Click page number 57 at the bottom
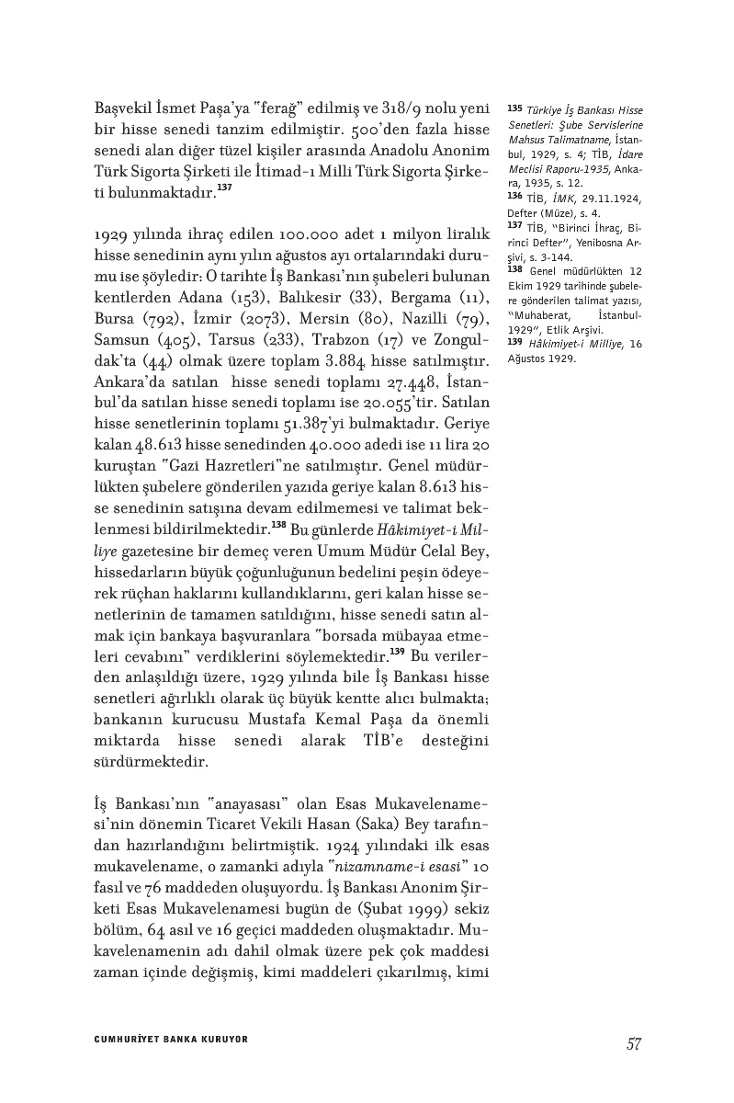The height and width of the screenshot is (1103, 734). click(633, 1043)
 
